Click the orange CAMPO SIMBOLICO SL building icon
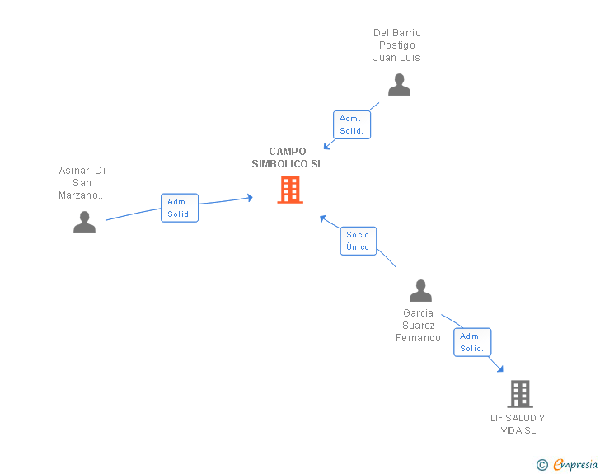click(289, 190)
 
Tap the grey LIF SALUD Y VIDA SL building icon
click(519, 394)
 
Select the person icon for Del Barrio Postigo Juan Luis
click(399, 85)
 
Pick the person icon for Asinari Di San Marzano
click(84, 222)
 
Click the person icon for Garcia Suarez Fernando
click(420, 291)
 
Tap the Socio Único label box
click(359, 241)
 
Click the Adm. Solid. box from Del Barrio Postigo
click(351, 124)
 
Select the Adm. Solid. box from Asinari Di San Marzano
click(180, 208)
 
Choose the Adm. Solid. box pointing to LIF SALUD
click(472, 342)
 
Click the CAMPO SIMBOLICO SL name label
click(288, 157)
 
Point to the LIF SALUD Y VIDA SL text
click(518, 424)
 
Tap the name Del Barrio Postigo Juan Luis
click(396, 45)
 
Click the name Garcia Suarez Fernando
click(418, 326)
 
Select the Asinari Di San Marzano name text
click(82, 183)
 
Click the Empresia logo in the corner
click(574, 464)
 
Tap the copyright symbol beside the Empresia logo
click(541, 465)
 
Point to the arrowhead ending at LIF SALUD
click(499, 369)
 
